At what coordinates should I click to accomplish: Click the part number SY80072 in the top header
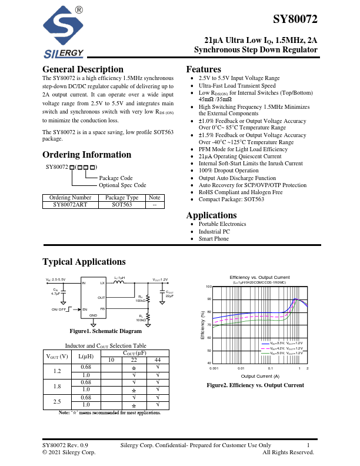(x=295, y=19)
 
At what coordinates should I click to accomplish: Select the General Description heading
(x=83, y=69)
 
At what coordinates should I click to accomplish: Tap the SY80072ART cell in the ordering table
(x=72, y=205)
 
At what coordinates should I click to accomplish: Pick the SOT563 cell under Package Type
(x=125, y=205)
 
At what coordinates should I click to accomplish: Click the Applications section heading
(x=215, y=215)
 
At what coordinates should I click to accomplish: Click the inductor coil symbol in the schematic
(x=119, y=282)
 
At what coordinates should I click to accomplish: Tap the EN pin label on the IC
(x=85, y=309)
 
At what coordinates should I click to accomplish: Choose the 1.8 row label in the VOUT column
(x=57, y=387)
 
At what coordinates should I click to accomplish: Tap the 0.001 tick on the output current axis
(x=213, y=368)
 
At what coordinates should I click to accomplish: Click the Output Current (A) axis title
(x=260, y=376)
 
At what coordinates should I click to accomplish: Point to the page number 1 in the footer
(x=308, y=445)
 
